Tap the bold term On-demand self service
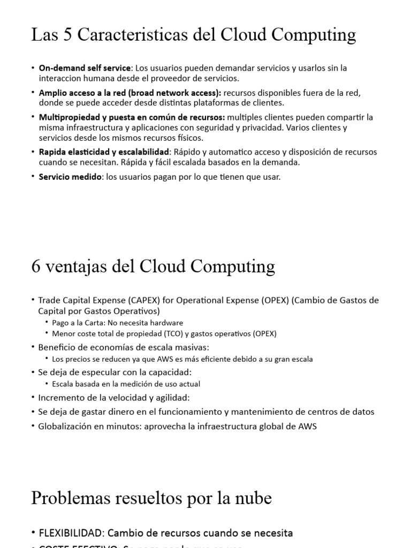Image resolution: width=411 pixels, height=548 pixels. [85, 68]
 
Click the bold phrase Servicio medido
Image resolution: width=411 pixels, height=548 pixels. [70, 177]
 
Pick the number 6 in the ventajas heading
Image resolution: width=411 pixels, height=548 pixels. [36, 266]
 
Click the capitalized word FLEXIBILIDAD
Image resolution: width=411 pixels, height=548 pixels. [69, 533]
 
